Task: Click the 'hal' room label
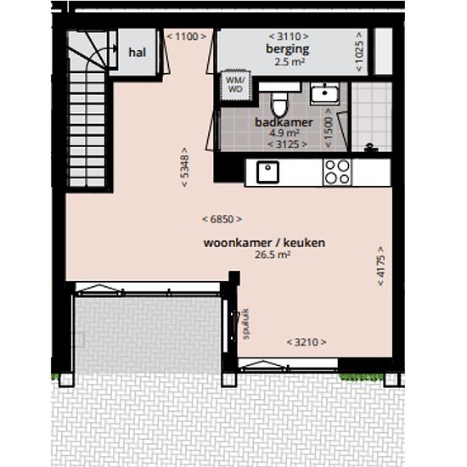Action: pyautogui.click(x=137, y=53)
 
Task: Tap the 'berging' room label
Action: pyautogui.click(x=287, y=49)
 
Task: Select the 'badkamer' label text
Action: pyautogui.click(x=284, y=122)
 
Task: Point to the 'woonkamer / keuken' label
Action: pyautogui.click(x=264, y=243)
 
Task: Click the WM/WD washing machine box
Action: pyautogui.click(x=235, y=85)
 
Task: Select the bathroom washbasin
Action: pyautogui.click(x=324, y=93)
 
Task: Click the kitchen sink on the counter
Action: pyautogui.click(x=267, y=172)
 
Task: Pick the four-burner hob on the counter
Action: pyautogui.click(x=337, y=172)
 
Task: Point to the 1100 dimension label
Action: pyautogui.click(x=187, y=37)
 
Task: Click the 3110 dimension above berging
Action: pyautogui.click(x=289, y=37)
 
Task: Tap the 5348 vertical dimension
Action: pyautogui.click(x=184, y=167)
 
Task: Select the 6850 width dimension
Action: pyautogui.click(x=222, y=219)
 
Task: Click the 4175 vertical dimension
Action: pyautogui.click(x=381, y=266)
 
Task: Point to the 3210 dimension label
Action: pyautogui.click(x=307, y=342)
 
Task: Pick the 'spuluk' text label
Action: pyautogui.click(x=245, y=324)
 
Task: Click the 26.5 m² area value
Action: pyautogui.click(x=273, y=255)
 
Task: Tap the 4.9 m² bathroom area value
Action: pyautogui.click(x=284, y=132)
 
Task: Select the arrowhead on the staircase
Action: pyautogui.click(x=115, y=48)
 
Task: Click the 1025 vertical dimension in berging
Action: pyautogui.click(x=359, y=52)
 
